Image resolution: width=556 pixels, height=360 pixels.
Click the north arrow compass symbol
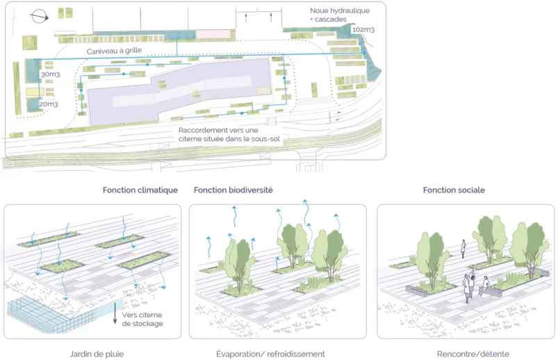click(40, 16)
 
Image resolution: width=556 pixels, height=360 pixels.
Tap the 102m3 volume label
click(363, 30)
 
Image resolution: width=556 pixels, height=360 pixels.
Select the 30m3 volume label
click(50, 74)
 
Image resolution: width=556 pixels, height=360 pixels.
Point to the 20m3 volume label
click(48, 104)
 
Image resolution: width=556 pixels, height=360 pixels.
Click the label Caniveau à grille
click(114, 51)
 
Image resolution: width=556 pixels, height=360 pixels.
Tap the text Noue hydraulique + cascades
click(340, 15)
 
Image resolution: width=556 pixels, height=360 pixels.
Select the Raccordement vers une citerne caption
click(229, 135)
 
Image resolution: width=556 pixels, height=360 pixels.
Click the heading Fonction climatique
click(140, 190)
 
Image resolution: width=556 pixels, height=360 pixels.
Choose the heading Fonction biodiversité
click(234, 190)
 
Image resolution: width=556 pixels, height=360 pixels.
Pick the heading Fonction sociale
click(454, 190)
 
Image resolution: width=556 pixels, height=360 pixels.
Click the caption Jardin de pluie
click(97, 354)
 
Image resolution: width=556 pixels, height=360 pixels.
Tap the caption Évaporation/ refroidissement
click(270, 354)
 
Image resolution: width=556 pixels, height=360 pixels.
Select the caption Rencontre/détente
click(473, 354)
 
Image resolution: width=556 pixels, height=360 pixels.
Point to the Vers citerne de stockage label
click(142, 319)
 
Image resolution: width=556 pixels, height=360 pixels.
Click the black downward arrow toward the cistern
click(115, 313)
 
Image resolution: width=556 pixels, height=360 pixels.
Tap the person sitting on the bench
click(484, 286)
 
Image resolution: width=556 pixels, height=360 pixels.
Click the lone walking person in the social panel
click(463, 249)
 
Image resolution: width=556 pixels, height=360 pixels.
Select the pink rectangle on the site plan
click(213, 35)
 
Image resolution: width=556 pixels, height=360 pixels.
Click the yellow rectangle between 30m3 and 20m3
click(35, 92)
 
